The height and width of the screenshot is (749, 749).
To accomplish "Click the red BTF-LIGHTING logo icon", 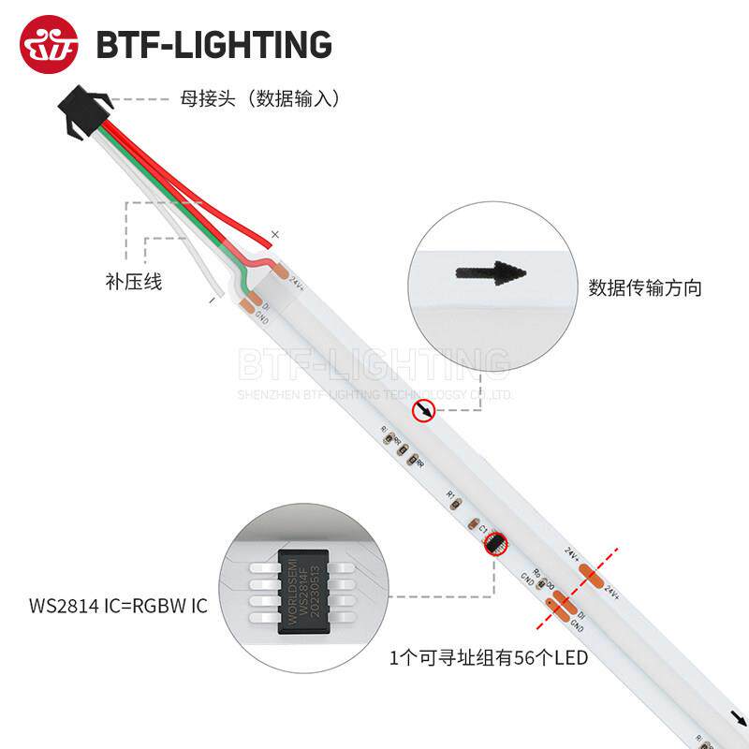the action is pos(49,44).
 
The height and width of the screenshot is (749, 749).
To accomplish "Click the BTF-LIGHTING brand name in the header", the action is pos(214,44).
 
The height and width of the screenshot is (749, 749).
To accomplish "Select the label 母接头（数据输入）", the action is pos(259,97).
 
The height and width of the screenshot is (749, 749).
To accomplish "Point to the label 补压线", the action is pos(133,281).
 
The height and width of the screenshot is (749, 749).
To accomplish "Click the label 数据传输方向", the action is pos(645,287).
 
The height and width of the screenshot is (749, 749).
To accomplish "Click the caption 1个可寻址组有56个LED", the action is pos(489,658).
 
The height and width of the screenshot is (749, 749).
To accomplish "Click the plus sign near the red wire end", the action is pos(274,233).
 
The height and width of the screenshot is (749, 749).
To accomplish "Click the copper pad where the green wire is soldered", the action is pos(248,301).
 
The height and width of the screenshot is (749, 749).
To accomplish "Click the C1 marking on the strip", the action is pos(483,529).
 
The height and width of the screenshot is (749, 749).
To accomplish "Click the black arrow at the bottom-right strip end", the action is pos(740,719).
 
